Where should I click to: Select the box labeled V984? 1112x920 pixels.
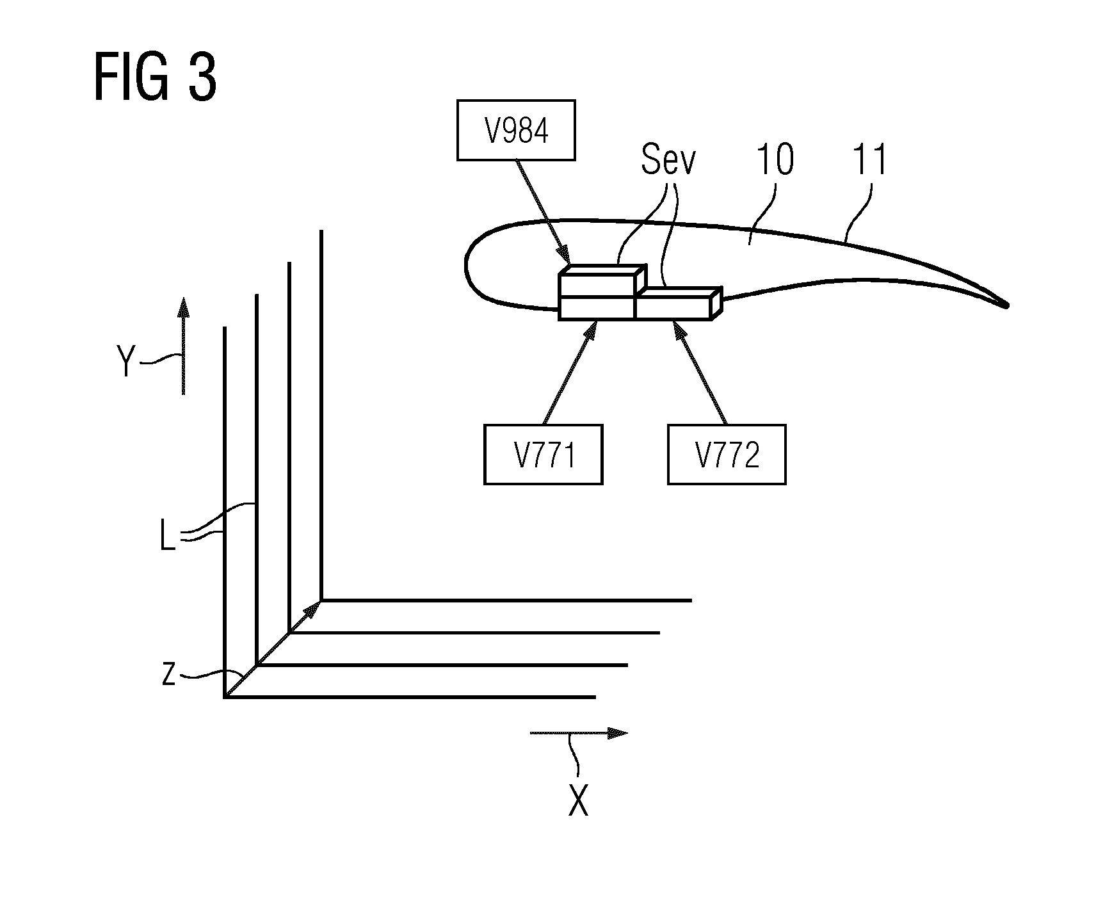coord(516,130)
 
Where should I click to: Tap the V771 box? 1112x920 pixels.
coord(544,454)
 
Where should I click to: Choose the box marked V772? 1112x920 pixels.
coord(727,454)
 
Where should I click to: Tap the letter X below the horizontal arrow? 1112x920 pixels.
coord(579,800)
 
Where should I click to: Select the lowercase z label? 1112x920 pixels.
coord(168,674)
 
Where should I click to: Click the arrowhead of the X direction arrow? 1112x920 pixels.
coord(617,733)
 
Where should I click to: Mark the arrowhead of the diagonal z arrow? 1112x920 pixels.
coord(313,609)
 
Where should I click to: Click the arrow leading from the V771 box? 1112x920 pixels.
coord(570,372)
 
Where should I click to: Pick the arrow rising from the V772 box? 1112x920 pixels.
coord(699,372)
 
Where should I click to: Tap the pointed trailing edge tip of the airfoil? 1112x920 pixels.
coord(1006,306)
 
